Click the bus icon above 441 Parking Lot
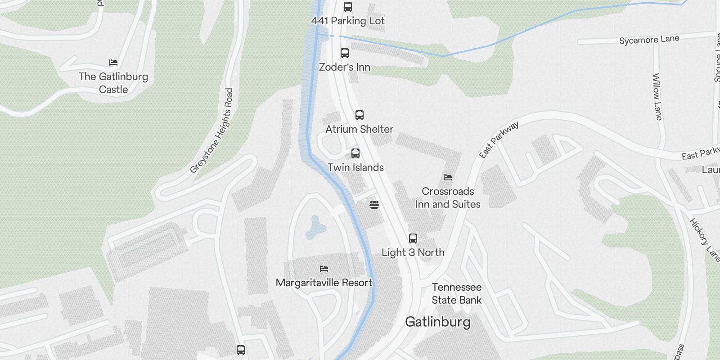(x=348, y=6)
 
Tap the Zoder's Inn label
(x=345, y=67)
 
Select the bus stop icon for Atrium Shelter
(x=360, y=115)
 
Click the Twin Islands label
(x=355, y=167)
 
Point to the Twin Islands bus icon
(x=355, y=153)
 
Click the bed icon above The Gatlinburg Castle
(x=113, y=63)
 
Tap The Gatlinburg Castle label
(x=113, y=83)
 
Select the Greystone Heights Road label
(x=212, y=131)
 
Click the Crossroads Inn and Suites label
(x=448, y=198)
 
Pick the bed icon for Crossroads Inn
(x=448, y=177)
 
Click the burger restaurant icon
(x=374, y=205)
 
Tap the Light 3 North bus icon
(x=413, y=238)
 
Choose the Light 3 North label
(x=413, y=252)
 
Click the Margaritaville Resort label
(x=324, y=283)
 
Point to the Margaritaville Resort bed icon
(x=324, y=269)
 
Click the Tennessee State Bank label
(x=457, y=293)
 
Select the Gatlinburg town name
(x=438, y=322)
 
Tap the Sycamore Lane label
(x=649, y=40)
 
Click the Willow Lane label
(x=657, y=97)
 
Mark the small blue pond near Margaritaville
(x=316, y=227)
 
